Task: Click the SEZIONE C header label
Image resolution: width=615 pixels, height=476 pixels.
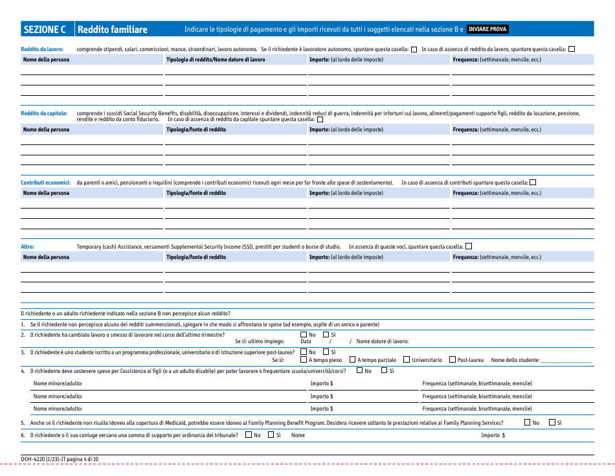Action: coord(45,29)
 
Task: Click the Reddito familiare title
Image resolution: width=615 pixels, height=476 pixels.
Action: coord(112,29)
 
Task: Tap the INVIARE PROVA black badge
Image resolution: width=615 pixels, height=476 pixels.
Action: coord(487,29)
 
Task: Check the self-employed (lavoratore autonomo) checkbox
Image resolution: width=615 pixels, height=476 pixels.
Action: coord(414,49)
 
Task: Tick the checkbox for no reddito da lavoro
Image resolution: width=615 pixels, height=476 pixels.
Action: coord(571,49)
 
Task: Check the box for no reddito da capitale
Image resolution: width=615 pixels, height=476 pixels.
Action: coord(320,119)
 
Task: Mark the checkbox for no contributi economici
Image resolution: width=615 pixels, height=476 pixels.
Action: coord(533,182)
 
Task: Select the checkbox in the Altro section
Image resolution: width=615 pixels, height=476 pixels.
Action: coord(469,246)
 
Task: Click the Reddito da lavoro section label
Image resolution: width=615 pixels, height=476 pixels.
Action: coord(42,49)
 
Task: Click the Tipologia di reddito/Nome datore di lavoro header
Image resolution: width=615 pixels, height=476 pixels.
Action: coord(216,60)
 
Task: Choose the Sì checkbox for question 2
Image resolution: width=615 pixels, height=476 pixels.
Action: coord(326,334)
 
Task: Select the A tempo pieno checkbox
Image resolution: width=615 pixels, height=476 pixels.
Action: coord(304,359)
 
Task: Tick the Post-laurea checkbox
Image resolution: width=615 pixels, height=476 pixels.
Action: coord(452,359)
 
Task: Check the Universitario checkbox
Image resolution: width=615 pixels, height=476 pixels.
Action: coord(406,359)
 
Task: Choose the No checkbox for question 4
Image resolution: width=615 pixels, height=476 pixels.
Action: coord(360,370)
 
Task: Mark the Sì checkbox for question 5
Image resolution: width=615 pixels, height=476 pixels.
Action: coord(552,422)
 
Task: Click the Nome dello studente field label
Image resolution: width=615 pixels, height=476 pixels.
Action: coord(515,360)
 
